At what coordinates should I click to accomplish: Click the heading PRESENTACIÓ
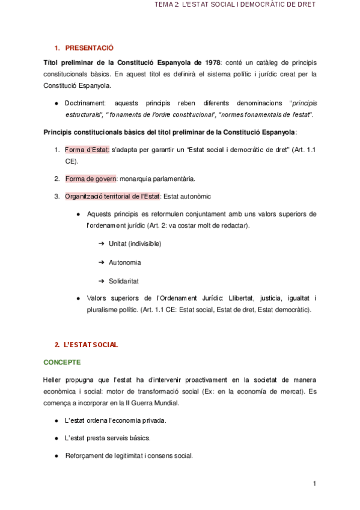[89, 48]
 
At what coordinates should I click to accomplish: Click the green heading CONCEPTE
[62, 363]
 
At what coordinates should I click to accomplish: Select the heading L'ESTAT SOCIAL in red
[91, 345]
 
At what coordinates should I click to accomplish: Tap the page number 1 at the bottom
[314, 484]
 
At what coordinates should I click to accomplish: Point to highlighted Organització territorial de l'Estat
[112, 196]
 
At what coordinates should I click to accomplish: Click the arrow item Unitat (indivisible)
[135, 244]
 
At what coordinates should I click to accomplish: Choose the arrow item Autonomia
[125, 262]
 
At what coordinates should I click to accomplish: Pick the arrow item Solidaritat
[124, 281]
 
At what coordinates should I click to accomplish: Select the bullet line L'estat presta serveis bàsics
[108, 438]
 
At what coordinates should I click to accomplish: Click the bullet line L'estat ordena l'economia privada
[115, 420]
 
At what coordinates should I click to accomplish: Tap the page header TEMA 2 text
[235, 5]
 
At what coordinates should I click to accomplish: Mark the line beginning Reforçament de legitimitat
[129, 456]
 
